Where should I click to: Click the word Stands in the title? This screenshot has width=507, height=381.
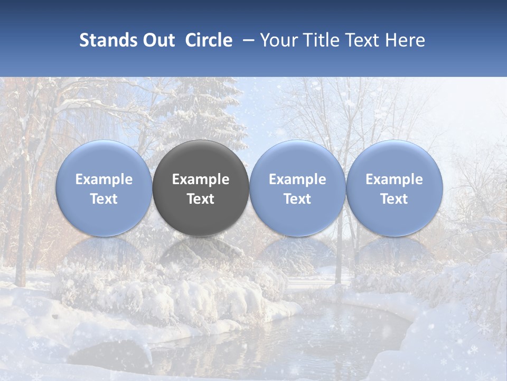[x=108, y=40]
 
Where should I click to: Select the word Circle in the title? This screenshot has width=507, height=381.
[x=209, y=40]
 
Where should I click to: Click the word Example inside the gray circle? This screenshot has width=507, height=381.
[x=201, y=179]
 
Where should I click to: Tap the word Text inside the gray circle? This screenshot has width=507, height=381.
[x=201, y=199]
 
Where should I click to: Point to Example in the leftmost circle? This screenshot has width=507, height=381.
[x=104, y=179]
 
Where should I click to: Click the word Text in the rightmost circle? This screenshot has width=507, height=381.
[x=395, y=199]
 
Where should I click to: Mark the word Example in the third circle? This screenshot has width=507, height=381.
[x=297, y=179]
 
